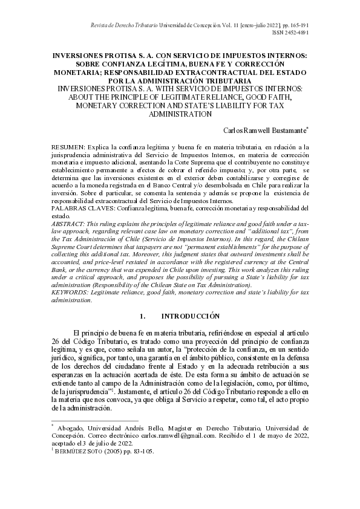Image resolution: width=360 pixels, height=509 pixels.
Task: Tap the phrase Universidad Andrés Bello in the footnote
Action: pyautogui.click(x=122, y=427)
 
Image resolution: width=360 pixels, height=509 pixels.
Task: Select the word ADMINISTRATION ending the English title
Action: pyautogui.click(x=180, y=114)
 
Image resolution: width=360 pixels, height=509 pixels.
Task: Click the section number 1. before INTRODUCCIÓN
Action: pyautogui.click(x=143, y=316)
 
